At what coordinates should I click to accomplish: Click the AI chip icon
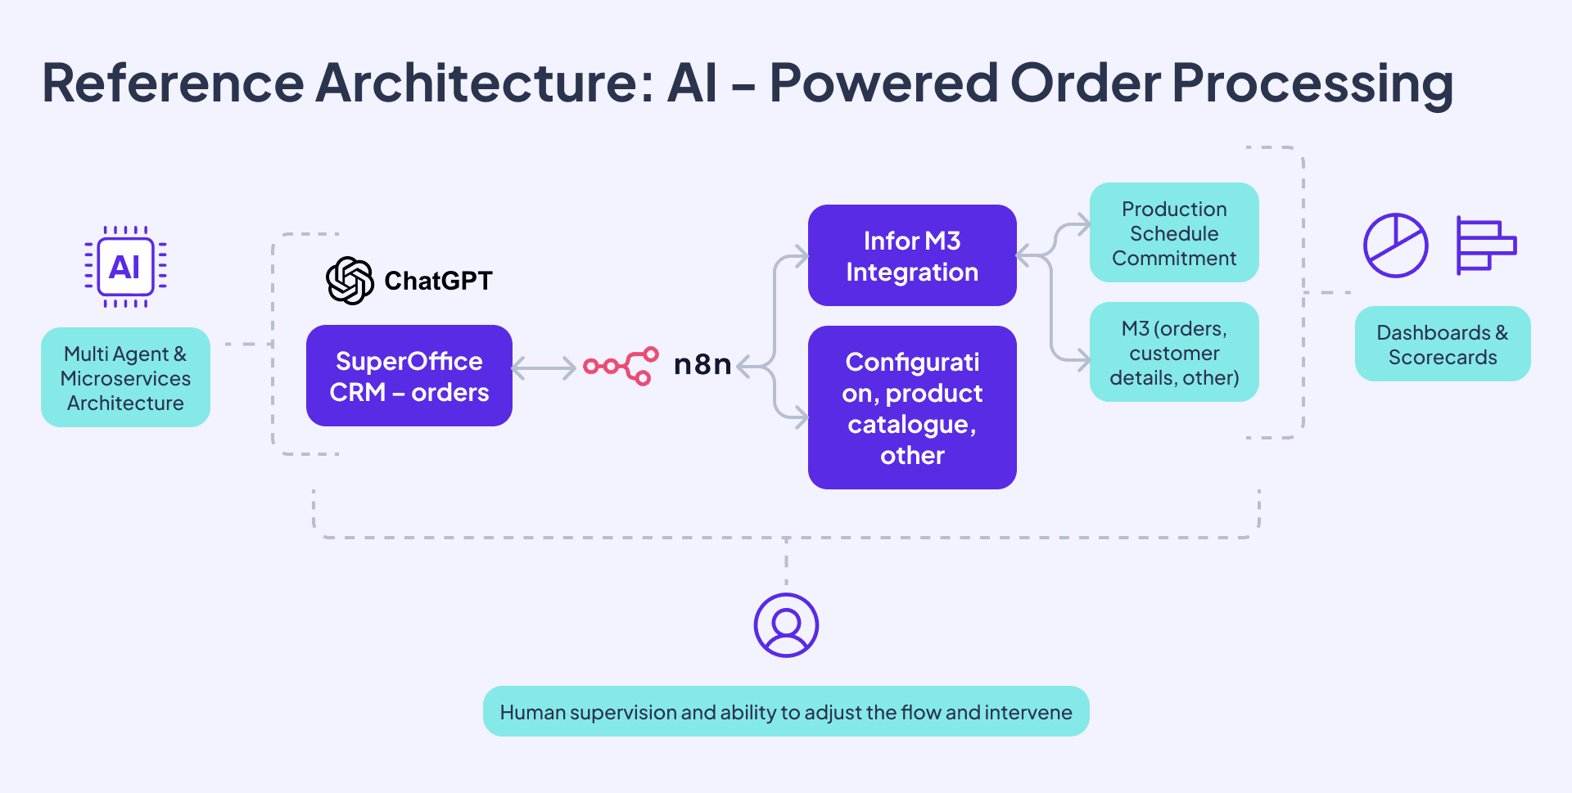click(x=125, y=267)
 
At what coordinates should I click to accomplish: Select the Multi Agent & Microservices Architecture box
click(x=125, y=377)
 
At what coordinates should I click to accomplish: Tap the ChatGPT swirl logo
click(x=350, y=281)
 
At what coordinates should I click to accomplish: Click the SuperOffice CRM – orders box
click(x=409, y=376)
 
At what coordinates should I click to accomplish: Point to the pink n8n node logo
click(x=621, y=366)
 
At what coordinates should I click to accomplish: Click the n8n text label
click(x=702, y=364)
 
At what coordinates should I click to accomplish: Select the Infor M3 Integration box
click(x=911, y=255)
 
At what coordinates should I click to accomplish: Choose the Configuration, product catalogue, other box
click(x=911, y=408)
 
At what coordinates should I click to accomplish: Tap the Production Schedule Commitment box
click(x=1173, y=233)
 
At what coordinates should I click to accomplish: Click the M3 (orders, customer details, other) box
click(x=1173, y=353)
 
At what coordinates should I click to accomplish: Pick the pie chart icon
click(x=1395, y=246)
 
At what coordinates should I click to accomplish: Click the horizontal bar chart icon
click(x=1485, y=245)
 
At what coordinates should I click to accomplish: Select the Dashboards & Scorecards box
click(x=1442, y=345)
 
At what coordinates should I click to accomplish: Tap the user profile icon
click(x=786, y=625)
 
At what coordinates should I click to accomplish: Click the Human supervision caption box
click(x=786, y=711)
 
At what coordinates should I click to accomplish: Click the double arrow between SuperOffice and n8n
click(x=544, y=368)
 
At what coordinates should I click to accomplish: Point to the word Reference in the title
click(x=173, y=83)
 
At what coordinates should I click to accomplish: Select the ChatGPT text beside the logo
click(x=438, y=281)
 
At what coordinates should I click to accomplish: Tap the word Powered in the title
click(x=883, y=83)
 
